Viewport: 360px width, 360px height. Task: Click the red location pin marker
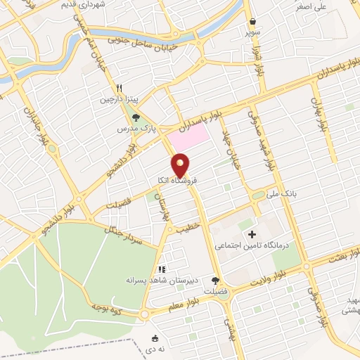(x=182, y=166)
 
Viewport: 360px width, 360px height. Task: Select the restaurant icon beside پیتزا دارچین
(x=120, y=88)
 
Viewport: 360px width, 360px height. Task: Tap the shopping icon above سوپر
(x=253, y=21)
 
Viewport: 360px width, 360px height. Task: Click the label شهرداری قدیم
(x=112, y=4)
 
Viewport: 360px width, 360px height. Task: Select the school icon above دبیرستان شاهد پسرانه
(x=162, y=269)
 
